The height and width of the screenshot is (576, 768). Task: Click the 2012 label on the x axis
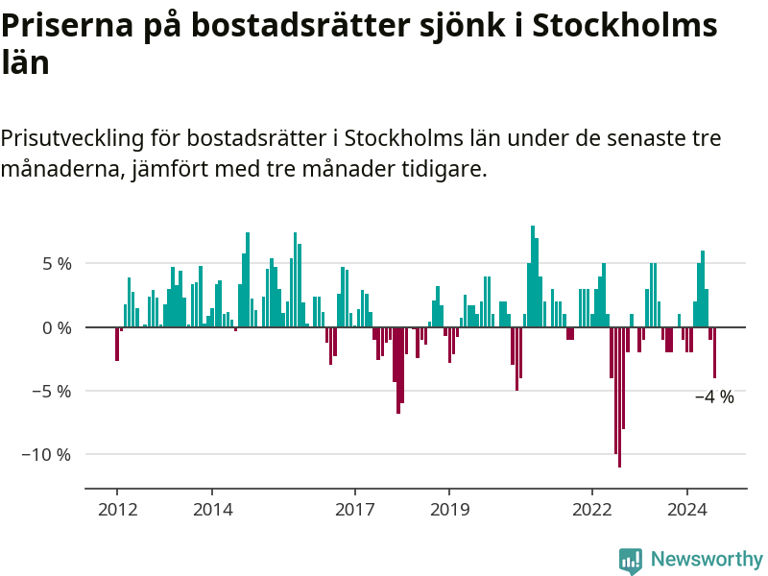click(x=117, y=510)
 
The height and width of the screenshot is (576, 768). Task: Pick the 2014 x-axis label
click(x=212, y=510)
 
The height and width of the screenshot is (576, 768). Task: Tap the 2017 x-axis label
click(x=354, y=510)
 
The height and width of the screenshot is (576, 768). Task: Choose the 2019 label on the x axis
click(x=449, y=510)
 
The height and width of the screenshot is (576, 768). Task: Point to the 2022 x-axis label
click(x=592, y=510)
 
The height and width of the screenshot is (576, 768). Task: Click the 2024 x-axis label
click(x=687, y=510)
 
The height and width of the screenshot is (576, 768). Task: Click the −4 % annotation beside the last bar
click(x=713, y=397)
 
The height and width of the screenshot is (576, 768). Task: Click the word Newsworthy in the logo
click(x=706, y=559)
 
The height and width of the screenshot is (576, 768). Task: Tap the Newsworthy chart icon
click(x=631, y=561)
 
